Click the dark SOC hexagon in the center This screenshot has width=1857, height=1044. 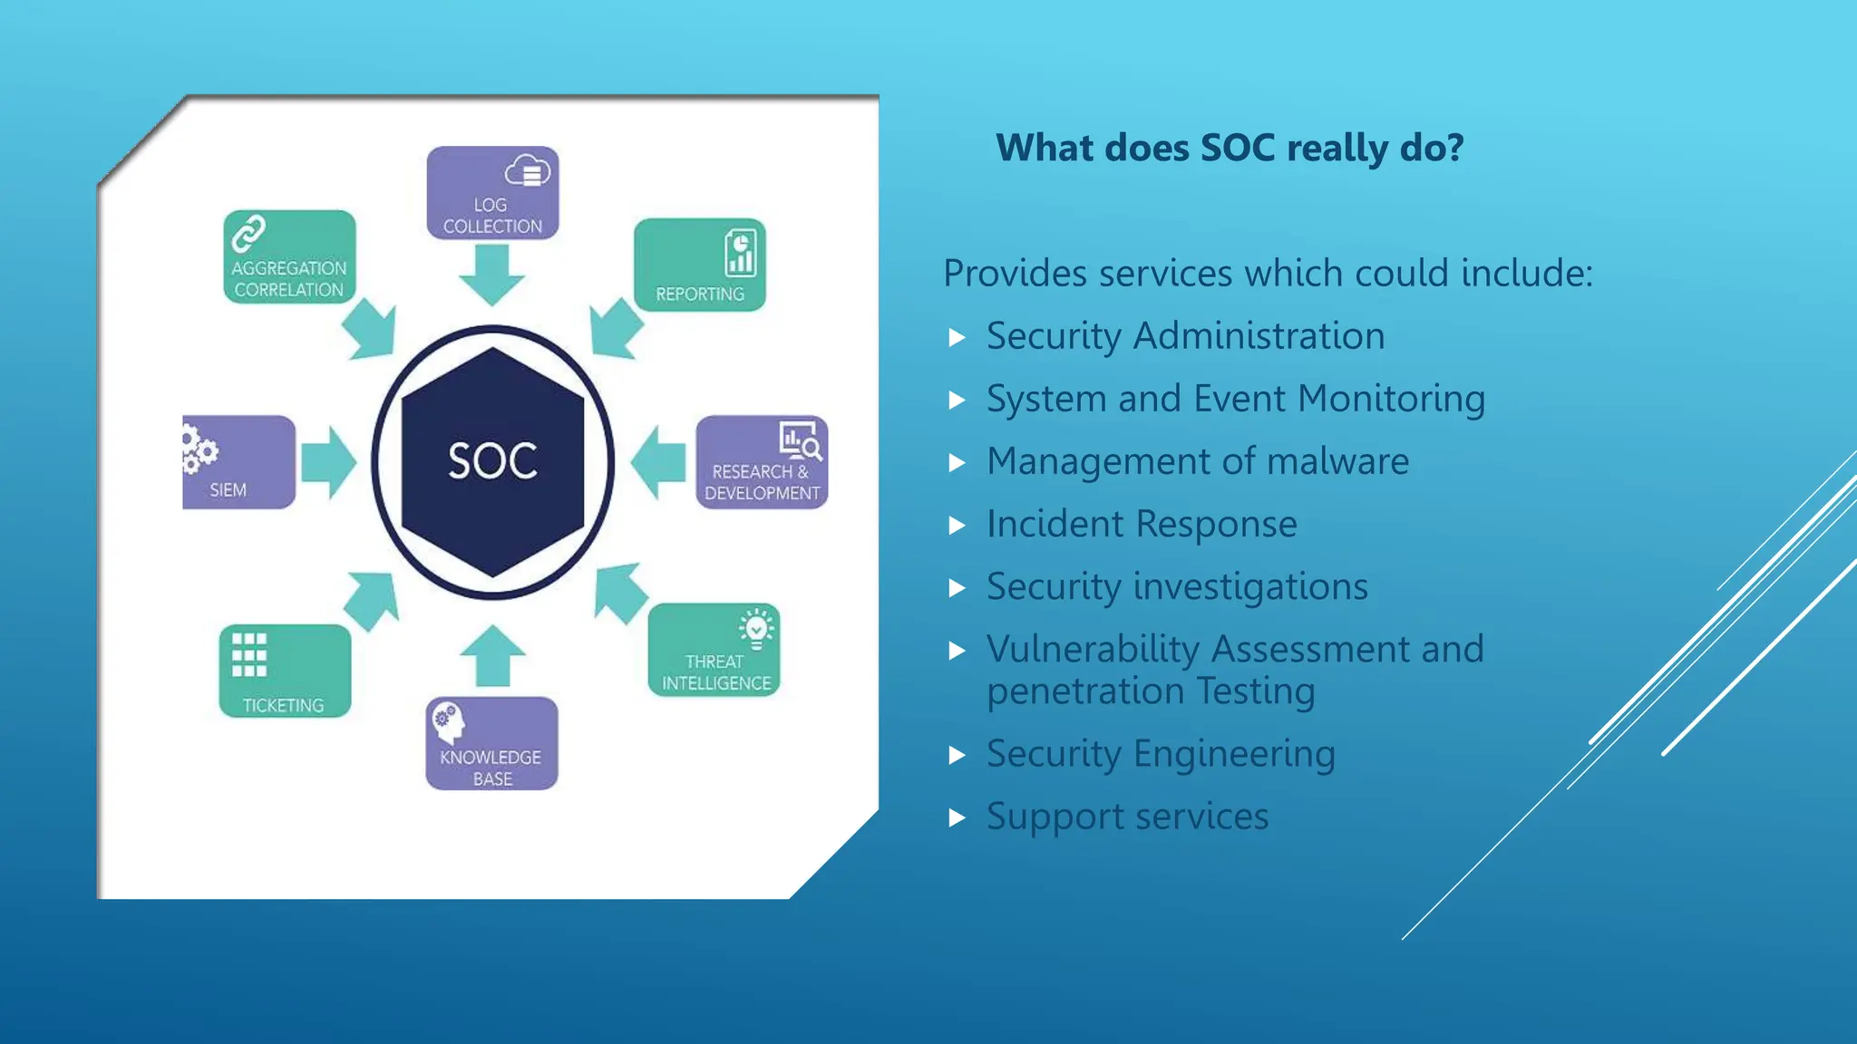(492, 461)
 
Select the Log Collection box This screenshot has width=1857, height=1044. (492, 193)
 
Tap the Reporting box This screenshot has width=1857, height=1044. (699, 265)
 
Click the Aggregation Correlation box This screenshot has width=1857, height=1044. (289, 257)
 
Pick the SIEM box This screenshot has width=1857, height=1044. (238, 462)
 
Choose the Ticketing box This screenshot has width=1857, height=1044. (285, 671)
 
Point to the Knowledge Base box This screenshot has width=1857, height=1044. (491, 743)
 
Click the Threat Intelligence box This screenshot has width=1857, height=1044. (714, 650)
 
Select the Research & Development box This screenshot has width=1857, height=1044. (762, 462)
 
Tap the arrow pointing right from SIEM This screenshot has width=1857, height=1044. (328, 462)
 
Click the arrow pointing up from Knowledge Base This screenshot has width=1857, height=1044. (492, 655)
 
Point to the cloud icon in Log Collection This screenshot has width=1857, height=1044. (528, 170)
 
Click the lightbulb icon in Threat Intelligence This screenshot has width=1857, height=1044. (755, 628)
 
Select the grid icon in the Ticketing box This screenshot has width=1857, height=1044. (249, 654)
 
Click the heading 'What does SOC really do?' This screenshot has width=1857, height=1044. (1230, 148)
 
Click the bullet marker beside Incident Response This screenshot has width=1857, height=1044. (957, 526)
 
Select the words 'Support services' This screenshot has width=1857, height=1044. (1127, 817)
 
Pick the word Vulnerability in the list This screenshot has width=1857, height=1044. (1093, 650)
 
